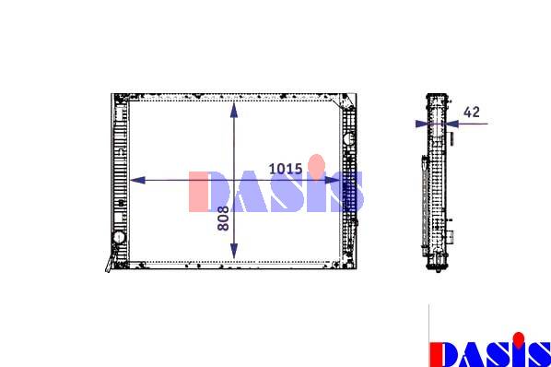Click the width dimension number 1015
[286, 169]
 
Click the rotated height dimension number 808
[223, 219]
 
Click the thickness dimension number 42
[472, 112]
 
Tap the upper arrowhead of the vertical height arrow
[234, 110]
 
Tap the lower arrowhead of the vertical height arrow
[234, 251]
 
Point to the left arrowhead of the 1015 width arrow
[138, 181]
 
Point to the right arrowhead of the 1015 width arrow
[332, 181]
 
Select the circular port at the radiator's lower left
[119, 237]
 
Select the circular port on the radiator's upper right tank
[349, 138]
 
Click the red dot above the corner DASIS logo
[519, 339]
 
